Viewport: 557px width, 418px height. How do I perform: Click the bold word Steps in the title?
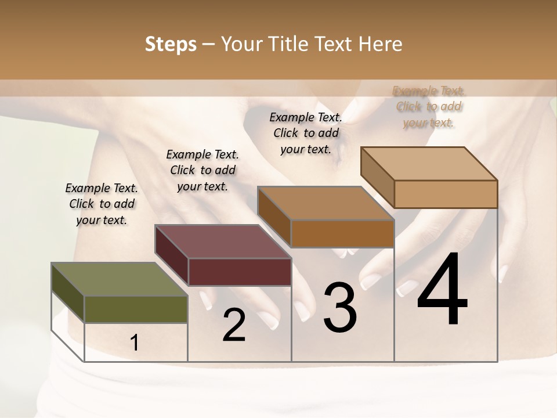[171, 45]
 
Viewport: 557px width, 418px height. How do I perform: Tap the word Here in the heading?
[382, 45]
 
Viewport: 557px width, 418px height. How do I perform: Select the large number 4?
[442, 290]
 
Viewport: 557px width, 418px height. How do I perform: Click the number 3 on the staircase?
[339, 308]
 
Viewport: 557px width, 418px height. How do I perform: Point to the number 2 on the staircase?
[234, 325]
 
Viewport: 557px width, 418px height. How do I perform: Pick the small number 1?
[135, 343]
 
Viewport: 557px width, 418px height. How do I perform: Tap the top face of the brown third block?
[325, 203]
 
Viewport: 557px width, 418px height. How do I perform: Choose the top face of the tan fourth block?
[429, 164]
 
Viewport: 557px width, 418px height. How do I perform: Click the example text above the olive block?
[102, 204]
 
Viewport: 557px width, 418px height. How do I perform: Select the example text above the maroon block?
[202, 170]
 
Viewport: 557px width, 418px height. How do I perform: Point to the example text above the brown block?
[306, 133]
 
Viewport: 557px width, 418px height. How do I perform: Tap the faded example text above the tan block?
[429, 107]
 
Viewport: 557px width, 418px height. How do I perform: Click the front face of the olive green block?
[136, 309]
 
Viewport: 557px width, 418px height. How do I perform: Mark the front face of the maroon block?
[239, 272]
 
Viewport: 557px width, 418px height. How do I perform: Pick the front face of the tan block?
[446, 194]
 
